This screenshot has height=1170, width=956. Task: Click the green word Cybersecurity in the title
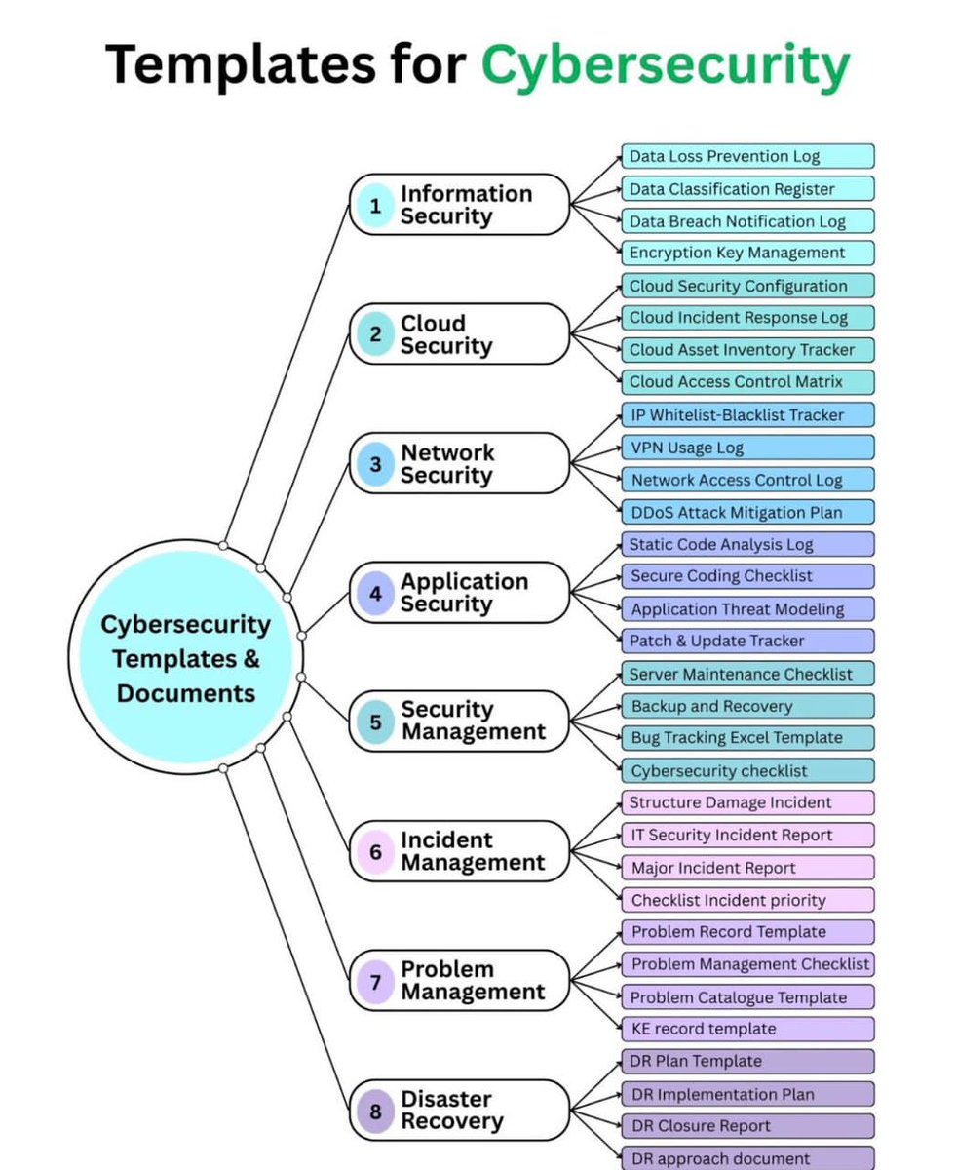[666, 66]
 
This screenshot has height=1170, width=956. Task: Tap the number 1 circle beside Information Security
[375, 206]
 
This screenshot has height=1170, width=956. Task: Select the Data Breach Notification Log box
[747, 221]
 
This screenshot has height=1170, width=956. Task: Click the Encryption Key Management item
[747, 253]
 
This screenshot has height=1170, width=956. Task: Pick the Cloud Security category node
[459, 334]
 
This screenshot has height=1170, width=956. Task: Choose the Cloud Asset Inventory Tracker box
[747, 350]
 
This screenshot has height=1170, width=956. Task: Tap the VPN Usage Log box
[747, 448]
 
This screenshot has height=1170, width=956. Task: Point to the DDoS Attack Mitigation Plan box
[747, 512]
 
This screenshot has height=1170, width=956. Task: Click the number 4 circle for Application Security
[375, 593]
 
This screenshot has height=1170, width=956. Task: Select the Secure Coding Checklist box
[747, 576]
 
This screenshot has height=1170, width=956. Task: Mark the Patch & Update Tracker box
[747, 641]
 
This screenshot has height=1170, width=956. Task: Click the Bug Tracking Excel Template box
[747, 738]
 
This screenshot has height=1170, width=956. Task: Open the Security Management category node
[459, 721]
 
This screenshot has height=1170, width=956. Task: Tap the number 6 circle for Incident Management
[375, 851]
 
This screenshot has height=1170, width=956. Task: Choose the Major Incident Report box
[747, 868]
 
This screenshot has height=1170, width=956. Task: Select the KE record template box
[747, 1029]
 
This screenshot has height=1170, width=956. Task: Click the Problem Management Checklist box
[747, 964]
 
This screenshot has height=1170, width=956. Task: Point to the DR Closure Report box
[747, 1126]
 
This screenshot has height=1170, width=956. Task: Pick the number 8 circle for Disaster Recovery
[375, 1111]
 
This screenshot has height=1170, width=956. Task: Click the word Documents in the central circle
[186, 693]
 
